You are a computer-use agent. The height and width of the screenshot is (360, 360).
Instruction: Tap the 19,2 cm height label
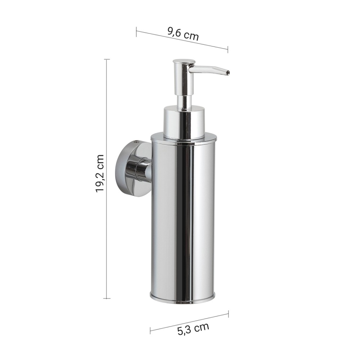tap(100, 174)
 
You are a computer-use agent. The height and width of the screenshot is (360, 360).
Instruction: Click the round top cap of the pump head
tap(184, 62)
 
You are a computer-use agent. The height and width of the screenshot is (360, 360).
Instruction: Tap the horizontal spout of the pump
tap(209, 69)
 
